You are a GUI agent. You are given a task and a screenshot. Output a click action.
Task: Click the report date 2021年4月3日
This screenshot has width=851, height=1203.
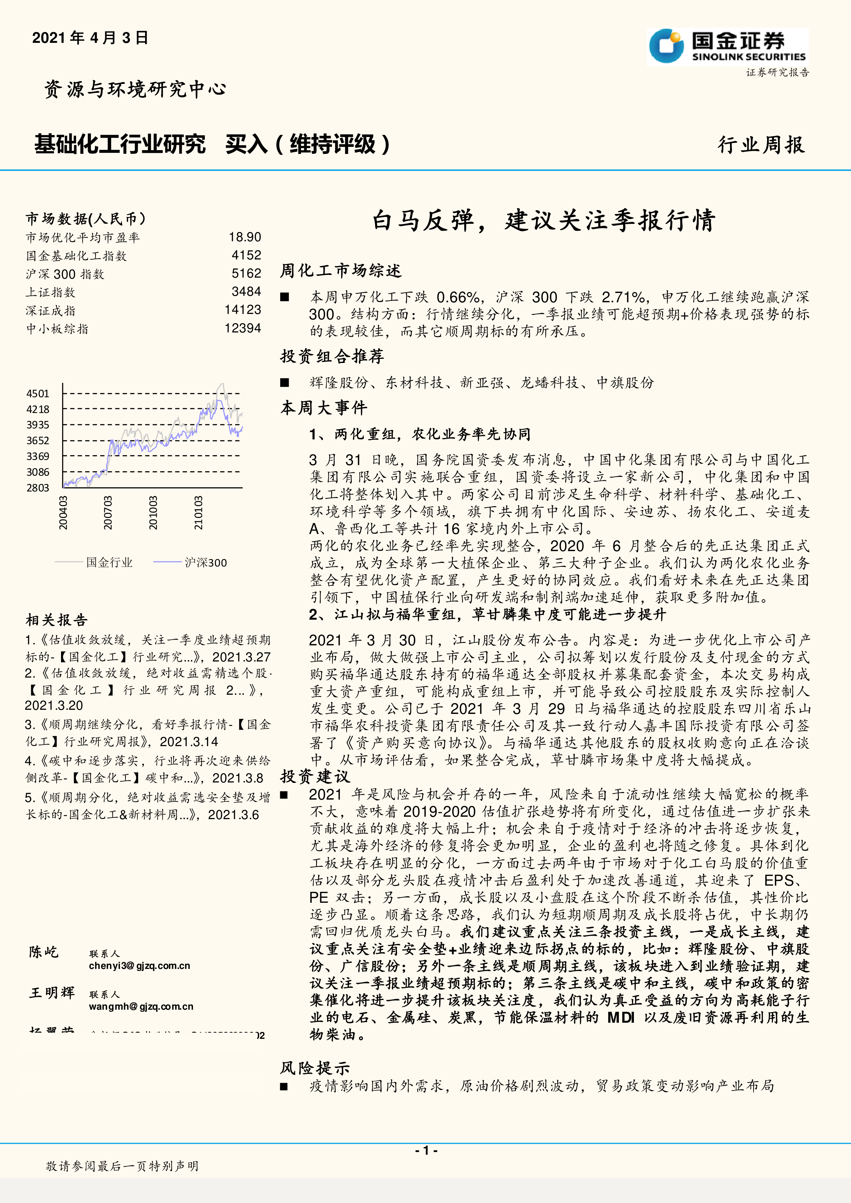[90, 38]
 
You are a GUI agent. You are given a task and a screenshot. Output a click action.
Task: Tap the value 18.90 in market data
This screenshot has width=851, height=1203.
[245, 238]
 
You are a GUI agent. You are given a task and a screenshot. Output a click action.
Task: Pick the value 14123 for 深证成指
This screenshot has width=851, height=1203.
[243, 309]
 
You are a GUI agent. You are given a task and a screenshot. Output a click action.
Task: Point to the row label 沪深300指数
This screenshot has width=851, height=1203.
[65, 274]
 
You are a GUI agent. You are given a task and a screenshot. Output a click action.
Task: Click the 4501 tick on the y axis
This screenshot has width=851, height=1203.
[38, 393]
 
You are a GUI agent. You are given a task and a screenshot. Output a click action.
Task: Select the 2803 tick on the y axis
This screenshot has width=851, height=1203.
[38, 488]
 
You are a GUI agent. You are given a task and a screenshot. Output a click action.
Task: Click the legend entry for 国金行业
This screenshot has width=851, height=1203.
[109, 563]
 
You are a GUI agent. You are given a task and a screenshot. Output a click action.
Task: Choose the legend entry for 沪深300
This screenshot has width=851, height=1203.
[205, 563]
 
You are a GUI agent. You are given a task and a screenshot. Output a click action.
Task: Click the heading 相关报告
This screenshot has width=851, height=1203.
[57, 620]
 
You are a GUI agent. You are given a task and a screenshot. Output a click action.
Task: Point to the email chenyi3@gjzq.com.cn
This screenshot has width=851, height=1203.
[140, 965]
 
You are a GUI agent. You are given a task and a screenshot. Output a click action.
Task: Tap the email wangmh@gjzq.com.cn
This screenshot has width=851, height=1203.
[141, 1007]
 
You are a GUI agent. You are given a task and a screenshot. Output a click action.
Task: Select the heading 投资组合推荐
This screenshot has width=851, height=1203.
[332, 356]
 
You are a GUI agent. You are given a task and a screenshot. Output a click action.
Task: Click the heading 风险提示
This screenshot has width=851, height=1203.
[315, 1068]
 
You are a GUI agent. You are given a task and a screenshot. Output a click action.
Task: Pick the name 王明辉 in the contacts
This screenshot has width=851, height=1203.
[52, 993]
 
